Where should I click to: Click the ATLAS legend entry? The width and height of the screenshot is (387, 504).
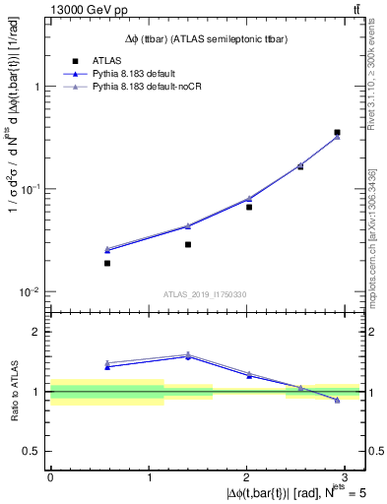click(108, 60)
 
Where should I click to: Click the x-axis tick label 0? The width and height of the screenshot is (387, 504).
click(50, 475)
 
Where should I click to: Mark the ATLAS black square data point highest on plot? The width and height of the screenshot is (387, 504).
click(337, 132)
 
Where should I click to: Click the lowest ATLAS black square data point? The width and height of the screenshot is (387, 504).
click(107, 263)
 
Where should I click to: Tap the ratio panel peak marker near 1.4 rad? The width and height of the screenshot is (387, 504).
click(188, 355)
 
